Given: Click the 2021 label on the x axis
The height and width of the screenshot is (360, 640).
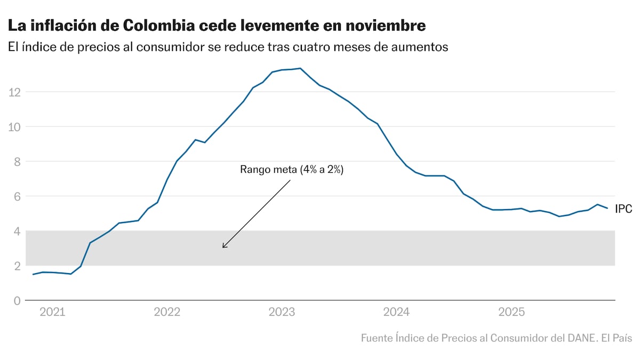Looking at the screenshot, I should click(x=52, y=312).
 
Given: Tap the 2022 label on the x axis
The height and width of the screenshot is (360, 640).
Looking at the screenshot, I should click(x=167, y=312).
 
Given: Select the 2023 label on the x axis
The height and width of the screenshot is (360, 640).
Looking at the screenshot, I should click(x=282, y=312).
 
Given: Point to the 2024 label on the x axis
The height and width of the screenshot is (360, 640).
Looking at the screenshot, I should click(x=396, y=312).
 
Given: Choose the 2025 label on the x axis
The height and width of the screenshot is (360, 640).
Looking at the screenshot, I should click(x=511, y=312).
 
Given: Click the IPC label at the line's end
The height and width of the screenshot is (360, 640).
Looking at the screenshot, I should click(x=623, y=209).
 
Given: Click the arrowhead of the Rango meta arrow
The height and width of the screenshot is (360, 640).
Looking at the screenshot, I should click(x=223, y=247).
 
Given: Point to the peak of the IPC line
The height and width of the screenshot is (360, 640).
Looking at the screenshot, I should click(x=300, y=68).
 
